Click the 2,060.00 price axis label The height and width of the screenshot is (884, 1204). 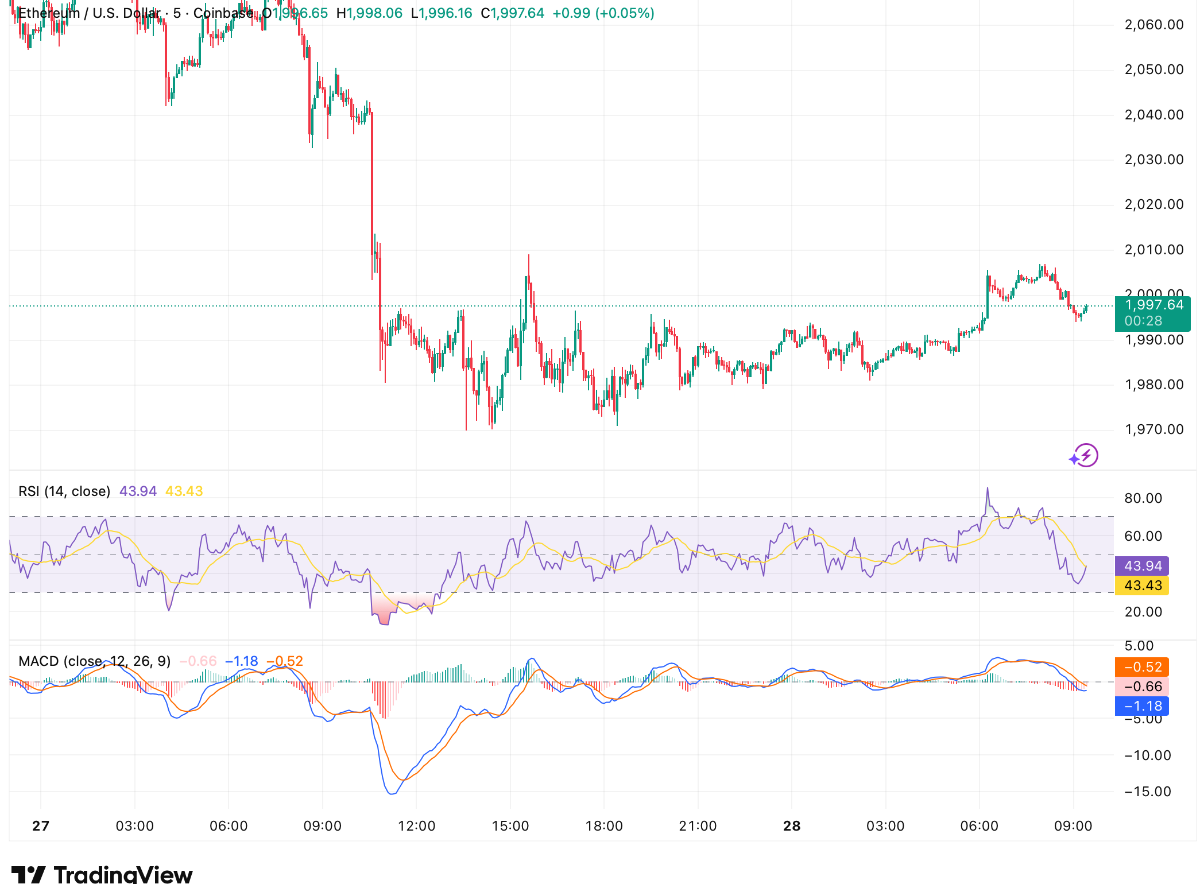[x=1153, y=25]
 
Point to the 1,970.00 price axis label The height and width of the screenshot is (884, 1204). [x=1153, y=429]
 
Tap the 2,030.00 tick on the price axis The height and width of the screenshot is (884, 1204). [x=1153, y=160]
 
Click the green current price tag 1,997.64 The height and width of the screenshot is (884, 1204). [x=1152, y=305]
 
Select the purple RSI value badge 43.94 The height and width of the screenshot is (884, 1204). [x=1142, y=566]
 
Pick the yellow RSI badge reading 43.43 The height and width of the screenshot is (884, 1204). [x=1142, y=586]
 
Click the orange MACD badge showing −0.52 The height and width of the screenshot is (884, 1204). [x=1142, y=667]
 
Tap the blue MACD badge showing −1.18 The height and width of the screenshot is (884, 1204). [x=1142, y=706]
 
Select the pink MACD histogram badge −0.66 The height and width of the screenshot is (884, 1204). [x=1142, y=687]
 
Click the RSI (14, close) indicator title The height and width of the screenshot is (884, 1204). [x=64, y=491]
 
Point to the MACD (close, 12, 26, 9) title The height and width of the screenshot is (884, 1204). [x=95, y=661]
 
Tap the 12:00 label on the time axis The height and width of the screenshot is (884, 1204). [x=416, y=826]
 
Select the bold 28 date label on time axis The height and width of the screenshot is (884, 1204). [x=792, y=826]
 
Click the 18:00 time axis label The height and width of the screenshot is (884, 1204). [x=604, y=826]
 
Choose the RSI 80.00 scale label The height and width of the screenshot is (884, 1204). [x=1143, y=498]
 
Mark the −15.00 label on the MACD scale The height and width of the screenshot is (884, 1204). [x=1147, y=792]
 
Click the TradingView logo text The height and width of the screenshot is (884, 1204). [x=123, y=874]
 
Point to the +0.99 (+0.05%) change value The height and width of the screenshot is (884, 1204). [x=603, y=13]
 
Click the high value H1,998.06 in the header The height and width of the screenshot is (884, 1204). [x=369, y=13]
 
